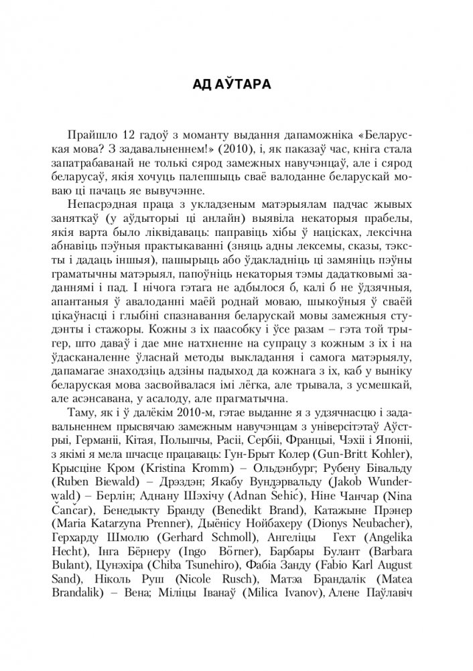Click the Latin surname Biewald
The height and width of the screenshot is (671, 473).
(128, 480)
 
